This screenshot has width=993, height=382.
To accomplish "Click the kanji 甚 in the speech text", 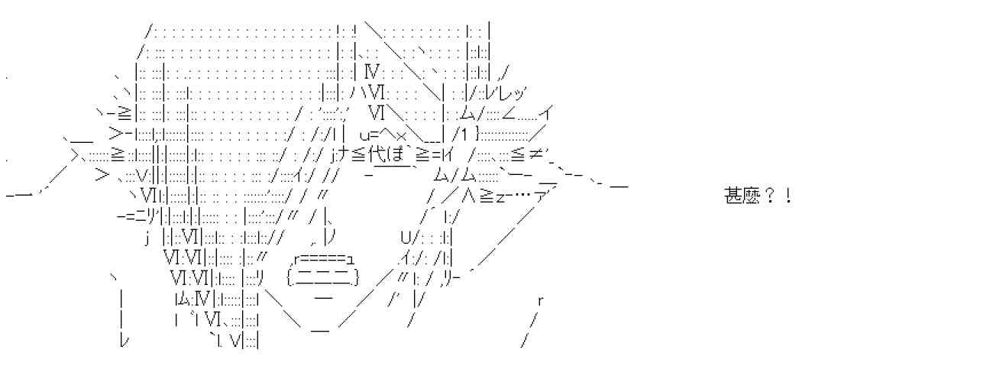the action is [733, 196].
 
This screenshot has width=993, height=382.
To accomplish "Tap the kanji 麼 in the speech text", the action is [750, 196].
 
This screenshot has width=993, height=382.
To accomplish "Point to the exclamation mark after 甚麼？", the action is [788, 196].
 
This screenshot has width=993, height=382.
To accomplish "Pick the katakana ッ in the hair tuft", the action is [519, 94].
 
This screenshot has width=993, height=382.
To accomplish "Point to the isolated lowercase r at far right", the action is [540, 301].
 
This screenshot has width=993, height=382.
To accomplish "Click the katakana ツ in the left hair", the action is [151, 218].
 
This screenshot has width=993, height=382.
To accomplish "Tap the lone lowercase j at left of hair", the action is [147, 238].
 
